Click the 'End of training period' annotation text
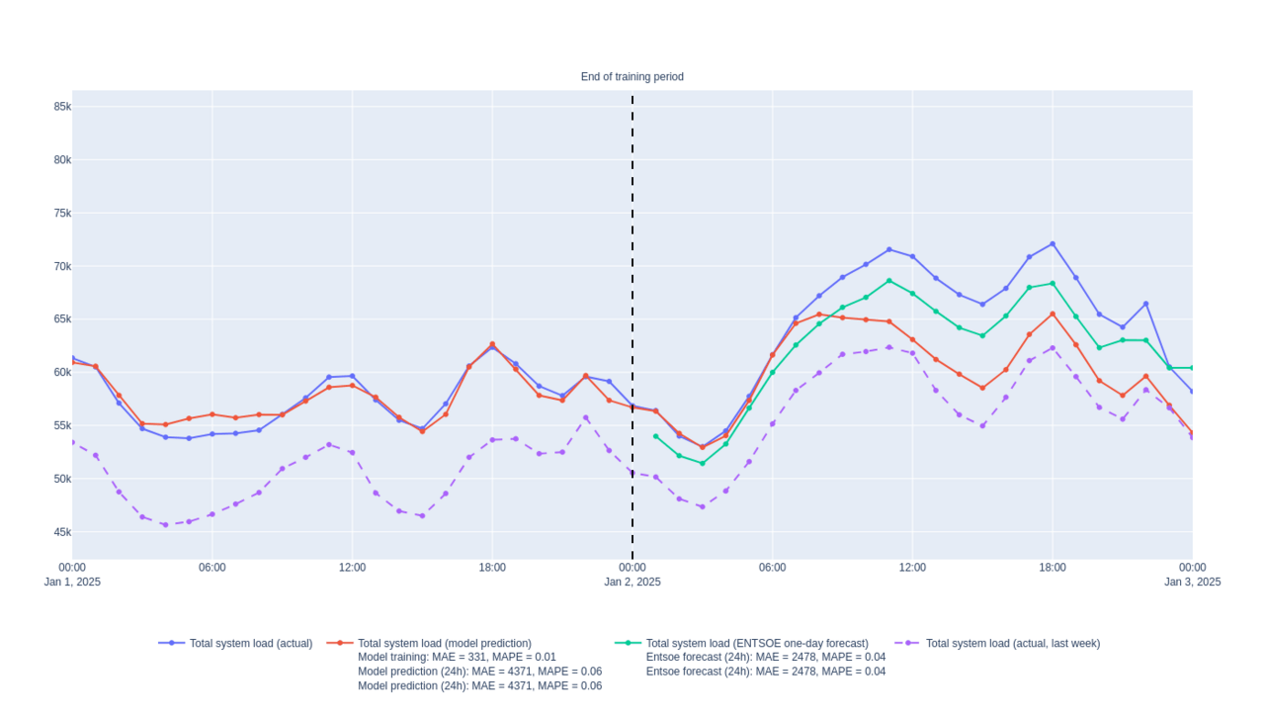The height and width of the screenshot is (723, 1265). tap(632, 77)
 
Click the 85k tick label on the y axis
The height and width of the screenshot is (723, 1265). tap(61, 107)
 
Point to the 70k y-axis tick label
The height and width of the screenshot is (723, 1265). tap(61, 266)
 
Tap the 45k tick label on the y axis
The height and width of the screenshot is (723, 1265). tap(61, 532)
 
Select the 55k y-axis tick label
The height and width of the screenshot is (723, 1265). tap(61, 426)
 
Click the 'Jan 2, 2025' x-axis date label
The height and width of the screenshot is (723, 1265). tap(632, 583)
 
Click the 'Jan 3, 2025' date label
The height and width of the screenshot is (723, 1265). tap(1192, 583)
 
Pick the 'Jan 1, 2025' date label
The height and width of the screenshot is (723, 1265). tap(72, 583)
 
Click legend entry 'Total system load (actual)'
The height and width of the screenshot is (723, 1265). tap(250, 644)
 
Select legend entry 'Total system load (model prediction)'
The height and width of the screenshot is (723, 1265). tap(444, 644)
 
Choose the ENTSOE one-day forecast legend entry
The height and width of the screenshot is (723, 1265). tap(756, 644)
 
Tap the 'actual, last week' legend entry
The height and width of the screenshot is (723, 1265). tap(1012, 644)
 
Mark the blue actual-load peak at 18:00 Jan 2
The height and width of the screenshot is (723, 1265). tap(1053, 243)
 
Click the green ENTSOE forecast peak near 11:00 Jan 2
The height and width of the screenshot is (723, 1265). tap(888, 281)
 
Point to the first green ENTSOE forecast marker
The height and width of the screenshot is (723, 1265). tap(655, 436)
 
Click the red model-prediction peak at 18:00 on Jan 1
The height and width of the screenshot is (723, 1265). tap(492, 344)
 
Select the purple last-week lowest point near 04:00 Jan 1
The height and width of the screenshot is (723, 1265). tap(165, 525)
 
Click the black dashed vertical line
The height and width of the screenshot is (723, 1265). tap(632, 297)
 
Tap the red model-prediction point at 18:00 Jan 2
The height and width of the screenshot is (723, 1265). tap(1053, 315)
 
